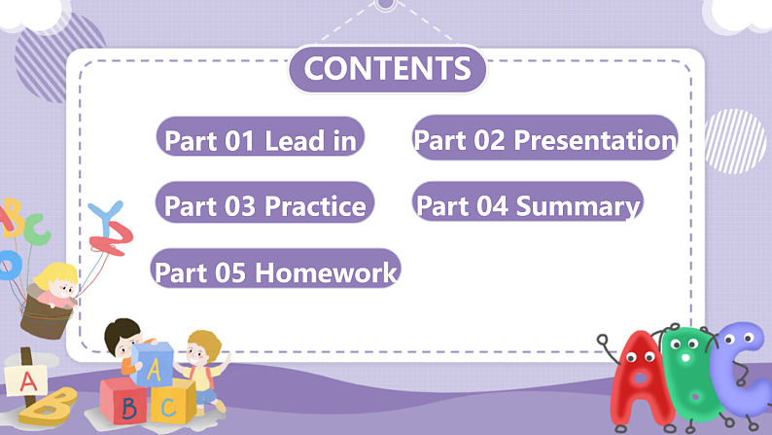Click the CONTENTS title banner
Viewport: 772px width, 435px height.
pos(387,69)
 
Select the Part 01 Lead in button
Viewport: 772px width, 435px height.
pos(261,140)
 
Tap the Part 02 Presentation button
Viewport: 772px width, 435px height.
pos(544,139)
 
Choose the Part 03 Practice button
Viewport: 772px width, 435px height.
pos(264,205)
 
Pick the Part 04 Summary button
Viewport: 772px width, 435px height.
pos(528,205)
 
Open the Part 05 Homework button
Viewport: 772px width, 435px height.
pos(276,272)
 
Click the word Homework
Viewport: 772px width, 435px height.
pos(326,272)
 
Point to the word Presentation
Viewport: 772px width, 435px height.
pos(594,139)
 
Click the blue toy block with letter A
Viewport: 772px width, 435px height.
pos(154,364)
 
